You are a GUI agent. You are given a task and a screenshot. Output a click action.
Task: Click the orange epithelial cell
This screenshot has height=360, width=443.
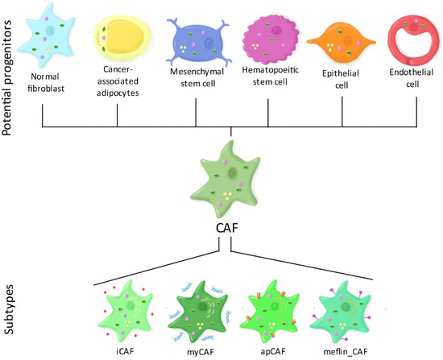click(342, 41)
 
